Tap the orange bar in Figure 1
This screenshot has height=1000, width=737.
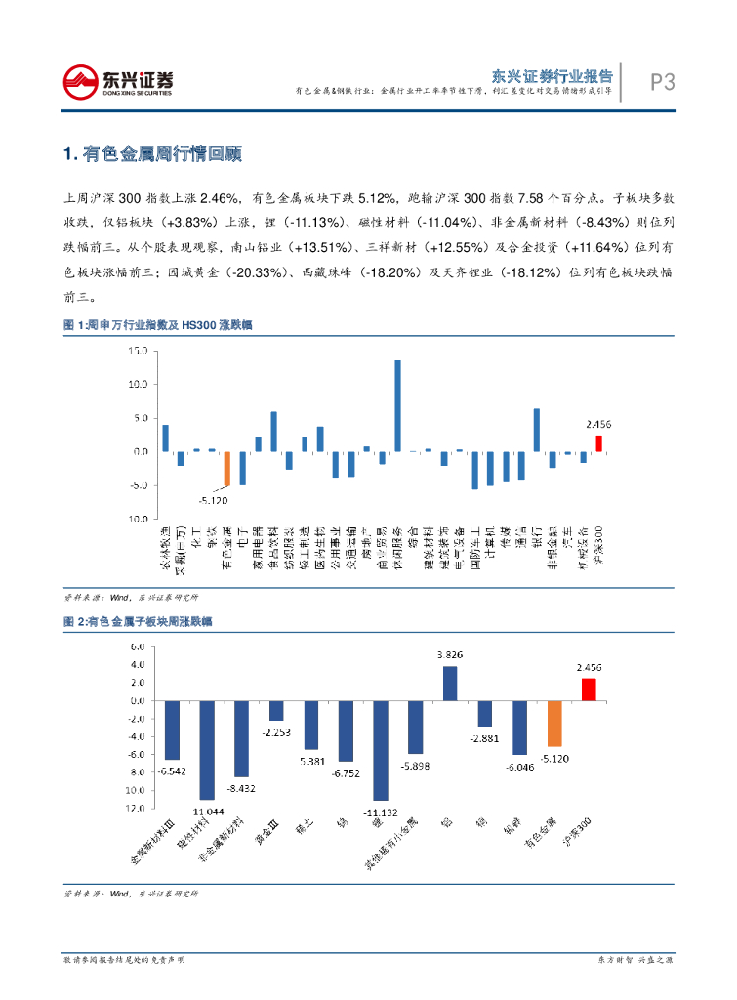click(227, 469)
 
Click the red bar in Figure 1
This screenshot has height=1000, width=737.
click(598, 443)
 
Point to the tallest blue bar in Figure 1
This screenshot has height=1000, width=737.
click(397, 405)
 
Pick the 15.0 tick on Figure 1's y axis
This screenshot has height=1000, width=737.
click(139, 351)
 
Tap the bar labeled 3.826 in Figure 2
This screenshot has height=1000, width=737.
click(450, 684)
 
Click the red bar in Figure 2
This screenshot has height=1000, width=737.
click(589, 689)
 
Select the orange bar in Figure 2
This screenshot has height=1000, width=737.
click(554, 724)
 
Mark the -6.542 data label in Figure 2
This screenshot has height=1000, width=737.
click(172, 771)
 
